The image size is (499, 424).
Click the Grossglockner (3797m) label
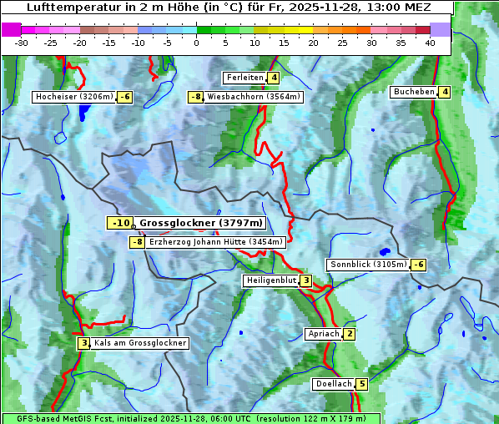click(200, 223)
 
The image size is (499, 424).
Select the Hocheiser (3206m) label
click(73, 97)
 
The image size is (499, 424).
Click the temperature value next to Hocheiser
click(124, 97)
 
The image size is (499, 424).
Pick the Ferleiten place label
click(244, 78)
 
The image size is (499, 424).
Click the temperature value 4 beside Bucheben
click(445, 92)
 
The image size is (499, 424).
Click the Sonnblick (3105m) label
click(368, 265)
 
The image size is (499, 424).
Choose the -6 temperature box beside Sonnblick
click(418, 265)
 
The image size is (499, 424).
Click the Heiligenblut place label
click(270, 280)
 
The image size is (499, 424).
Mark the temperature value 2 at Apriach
click(349, 334)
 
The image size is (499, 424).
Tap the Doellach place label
click(334, 384)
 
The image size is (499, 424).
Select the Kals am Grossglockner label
click(139, 343)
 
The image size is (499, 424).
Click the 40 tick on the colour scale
click(430, 42)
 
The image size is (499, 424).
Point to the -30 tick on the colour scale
click(22, 42)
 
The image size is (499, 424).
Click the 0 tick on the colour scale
click(196, 42)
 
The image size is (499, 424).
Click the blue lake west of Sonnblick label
click(384, 251)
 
